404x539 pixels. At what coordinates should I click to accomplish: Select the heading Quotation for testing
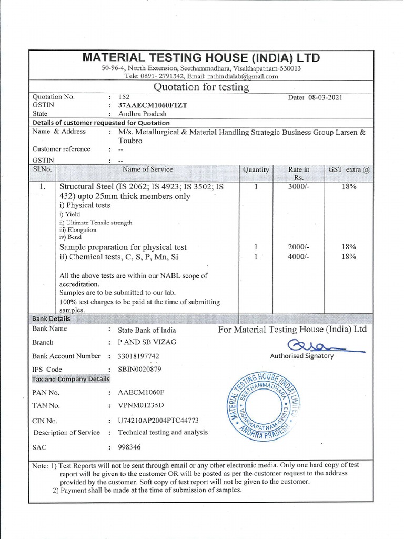pyautogui.click(x=200, y=87)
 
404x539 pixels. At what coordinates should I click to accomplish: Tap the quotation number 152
pyautogui.click(x=124, y=97)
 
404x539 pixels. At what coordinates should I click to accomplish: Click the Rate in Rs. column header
pyautogui.click(x=299, y=173)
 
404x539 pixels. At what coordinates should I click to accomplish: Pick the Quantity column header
pyautogui.click(x=256, y=169)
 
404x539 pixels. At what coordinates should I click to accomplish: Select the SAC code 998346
pyautogui.click(x=129, y=447)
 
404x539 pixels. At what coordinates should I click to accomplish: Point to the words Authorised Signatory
pyautogui.click(x=301, y=356)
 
